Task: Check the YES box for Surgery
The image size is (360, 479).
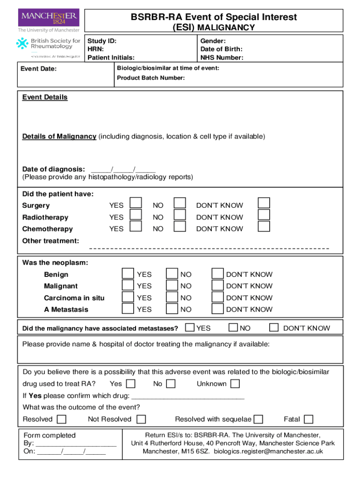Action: tap(136, 203)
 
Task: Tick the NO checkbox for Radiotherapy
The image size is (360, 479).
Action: tap(180, 214)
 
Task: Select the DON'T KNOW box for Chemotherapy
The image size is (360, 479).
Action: tap(264, 226)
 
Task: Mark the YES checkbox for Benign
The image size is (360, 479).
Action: tap(127, 273)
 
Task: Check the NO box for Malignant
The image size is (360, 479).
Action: tap(172, 285)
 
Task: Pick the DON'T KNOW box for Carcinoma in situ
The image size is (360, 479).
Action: tap(217, 297)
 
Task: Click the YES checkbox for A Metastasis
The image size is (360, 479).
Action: tap(127, 308)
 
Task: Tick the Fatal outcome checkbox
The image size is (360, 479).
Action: tap(309, 419)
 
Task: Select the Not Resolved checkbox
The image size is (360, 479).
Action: tap(141, 419)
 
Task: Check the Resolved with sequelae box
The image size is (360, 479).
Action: tap(258, 419)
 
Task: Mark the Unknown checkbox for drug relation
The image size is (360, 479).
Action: tap(235, 384)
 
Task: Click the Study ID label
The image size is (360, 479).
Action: tap(102, 41)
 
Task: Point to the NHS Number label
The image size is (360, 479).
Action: tap(222, 58)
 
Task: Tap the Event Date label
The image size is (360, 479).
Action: tap(39, 69)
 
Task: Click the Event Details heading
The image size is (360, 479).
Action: tap(45, 97)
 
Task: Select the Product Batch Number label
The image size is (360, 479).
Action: tap(151, 78)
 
